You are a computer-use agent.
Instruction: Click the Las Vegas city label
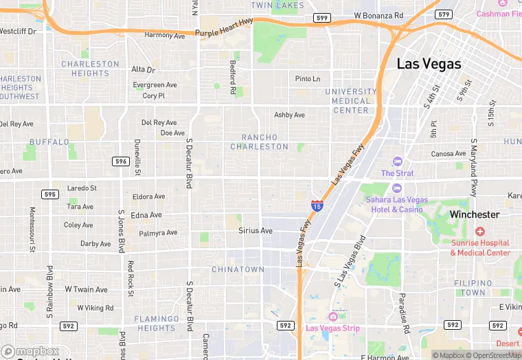click(429, 64)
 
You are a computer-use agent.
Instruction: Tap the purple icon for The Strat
click(396, 162)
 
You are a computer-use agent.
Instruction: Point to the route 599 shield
click(321, 17)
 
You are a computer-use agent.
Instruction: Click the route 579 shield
click(444, 14)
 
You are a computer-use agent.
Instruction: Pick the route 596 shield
click(121, 161)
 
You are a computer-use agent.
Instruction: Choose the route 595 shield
click(49, 194)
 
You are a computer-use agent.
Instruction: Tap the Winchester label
click(475, 214)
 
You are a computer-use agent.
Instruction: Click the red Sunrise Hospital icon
click(479, 232)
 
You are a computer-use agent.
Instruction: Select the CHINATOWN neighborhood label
click(238, 269)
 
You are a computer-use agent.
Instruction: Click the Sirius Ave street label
click(256, 231)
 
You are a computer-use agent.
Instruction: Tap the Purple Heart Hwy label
click(224, 32)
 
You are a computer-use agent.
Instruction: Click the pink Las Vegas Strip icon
click(333, 316)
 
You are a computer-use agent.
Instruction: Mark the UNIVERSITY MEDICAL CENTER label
click(351, 100)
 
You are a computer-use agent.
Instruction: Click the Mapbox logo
click(30, 351)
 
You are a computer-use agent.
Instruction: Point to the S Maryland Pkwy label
click(474, 168)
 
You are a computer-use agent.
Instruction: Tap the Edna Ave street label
click(146, 215)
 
